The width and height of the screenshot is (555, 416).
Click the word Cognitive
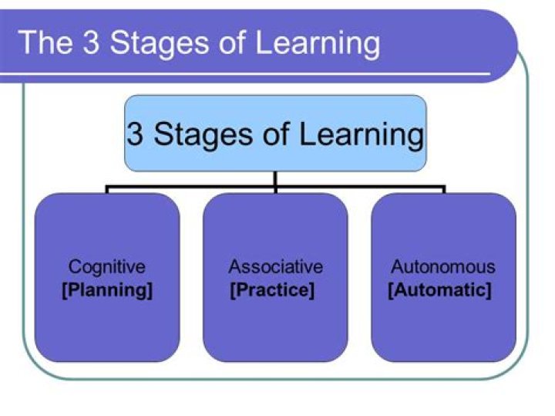[x=107, y=268]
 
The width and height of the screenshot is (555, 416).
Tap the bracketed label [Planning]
[x=107, y=291]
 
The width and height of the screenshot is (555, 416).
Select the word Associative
[x=275, y=268]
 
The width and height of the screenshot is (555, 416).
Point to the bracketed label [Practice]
[x=272, y=291]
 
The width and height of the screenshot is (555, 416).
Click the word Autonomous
[x=443, y=268]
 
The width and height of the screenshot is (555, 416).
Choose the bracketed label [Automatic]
[x=439, y=291]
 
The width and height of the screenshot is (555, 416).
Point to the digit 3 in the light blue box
[x=135, y=134]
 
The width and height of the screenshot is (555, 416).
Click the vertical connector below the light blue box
[x=275, y=178]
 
